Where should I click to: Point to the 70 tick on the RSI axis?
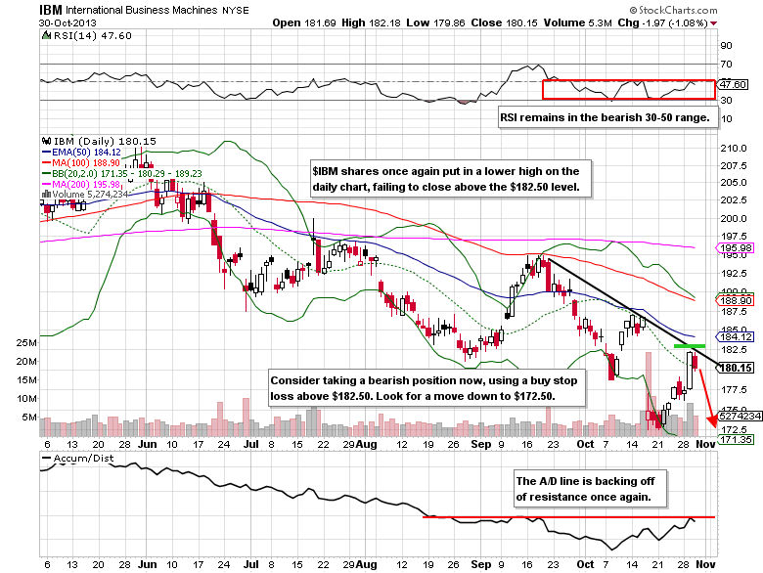pyautogui.click(x=727, y=64)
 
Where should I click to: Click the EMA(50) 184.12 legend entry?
pyautogui.click(x=80, y=152)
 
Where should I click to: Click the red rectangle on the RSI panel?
pyautogui.click(x=629, y=89)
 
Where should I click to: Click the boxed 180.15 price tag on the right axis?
pyautogui.click(x=734, y=368)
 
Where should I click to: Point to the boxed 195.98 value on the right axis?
pyautogui.click(x=734, y=249)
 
